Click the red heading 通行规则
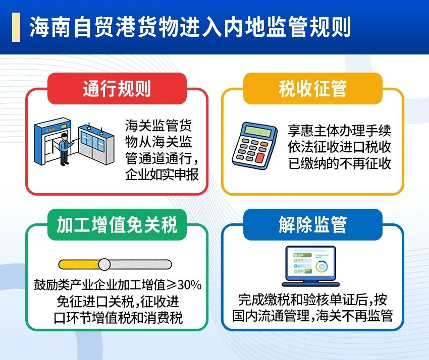coord(117,88)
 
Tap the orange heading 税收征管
coord(313,88)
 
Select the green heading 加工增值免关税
coord(117,225)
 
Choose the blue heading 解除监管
coord(313,225)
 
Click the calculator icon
coord(254,145)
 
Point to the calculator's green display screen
coord(258,131)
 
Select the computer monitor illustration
coord(310,266)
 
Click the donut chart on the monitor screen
coord(322,266)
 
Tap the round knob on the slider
coord(104,264)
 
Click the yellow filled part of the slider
coord(79,264)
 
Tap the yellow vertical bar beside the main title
coord(16,27)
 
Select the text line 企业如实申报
coord(162,174)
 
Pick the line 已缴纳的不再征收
coord(340,163)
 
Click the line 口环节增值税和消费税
coord(118,318)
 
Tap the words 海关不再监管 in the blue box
coord(355,316)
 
